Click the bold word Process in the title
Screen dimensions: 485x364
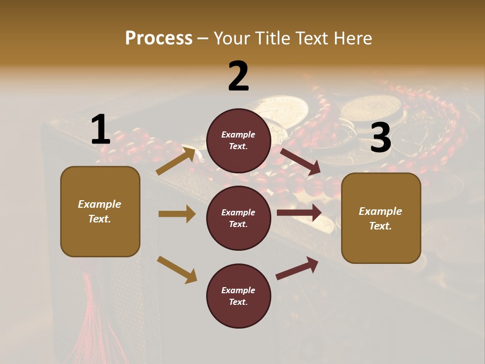pos(159,38)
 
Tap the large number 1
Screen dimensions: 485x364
pos(100,130)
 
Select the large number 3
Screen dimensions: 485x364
pos(380,138)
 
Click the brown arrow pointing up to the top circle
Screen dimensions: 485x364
pos(176,161)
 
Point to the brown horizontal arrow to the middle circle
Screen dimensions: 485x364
pos(177,214)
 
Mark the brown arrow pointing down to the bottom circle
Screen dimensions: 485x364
pos(177,269)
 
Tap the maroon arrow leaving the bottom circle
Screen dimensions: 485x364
pos(297,268)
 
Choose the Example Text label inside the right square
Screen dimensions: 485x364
pos(380,218)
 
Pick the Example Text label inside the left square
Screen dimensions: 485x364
pos(100,211)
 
